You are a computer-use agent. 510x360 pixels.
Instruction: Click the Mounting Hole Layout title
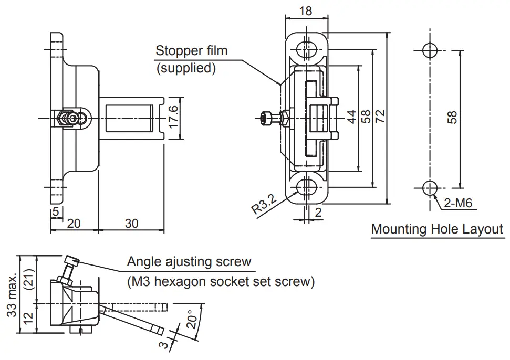tap(437, 229)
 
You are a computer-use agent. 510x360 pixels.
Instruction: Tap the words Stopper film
tap(191, 51)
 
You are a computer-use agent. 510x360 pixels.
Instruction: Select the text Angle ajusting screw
tap(189, 261)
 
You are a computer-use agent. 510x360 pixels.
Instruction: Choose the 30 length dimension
tap(131, 224)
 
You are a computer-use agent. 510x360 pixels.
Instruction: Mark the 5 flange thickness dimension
tap(55, 213)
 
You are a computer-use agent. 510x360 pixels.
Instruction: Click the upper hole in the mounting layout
tap(430, 50)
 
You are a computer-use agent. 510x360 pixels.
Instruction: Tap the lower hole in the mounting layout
tap(430, 187)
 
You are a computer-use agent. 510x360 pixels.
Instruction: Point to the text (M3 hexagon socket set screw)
tap(221, 282)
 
